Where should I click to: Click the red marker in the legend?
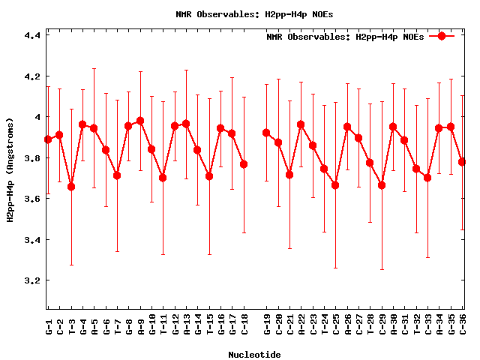point(442,36)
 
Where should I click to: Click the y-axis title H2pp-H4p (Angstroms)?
point(10,170)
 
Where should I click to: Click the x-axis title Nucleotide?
point(255,355)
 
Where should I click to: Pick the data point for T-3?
point(71,186)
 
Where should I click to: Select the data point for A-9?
point(140,121)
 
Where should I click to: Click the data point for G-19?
point(266,133)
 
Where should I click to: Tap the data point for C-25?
point(335,185)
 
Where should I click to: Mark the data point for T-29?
point(382,185)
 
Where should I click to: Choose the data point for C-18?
point(244,164)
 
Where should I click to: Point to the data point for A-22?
point(301,124)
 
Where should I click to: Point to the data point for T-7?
point(117,175)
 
